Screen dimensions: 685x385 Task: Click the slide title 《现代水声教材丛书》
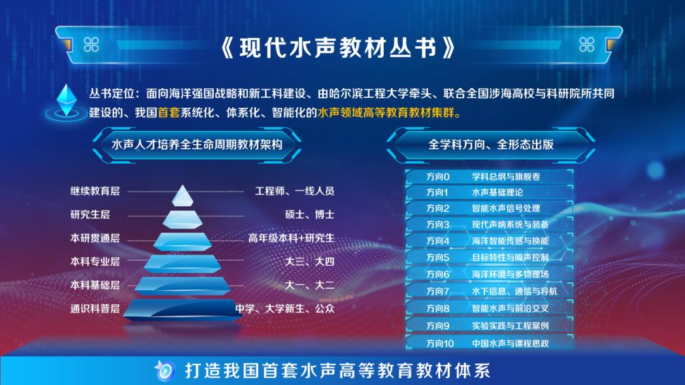click(337, 47)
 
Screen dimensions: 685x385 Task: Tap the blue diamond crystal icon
click(67, 100)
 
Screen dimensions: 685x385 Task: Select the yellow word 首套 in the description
click(169, 113)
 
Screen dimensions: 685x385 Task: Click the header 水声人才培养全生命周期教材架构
click(197, 145)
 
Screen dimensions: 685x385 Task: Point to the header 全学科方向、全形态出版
click(491, 145)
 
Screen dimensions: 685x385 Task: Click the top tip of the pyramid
click(182, 185)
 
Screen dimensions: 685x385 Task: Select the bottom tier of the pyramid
click(182, 310)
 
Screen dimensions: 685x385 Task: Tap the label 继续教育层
click(95, 191)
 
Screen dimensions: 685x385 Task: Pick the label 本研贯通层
click(95, 238)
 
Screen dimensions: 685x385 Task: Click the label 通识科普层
click(95, 308)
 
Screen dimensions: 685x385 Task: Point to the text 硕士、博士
click(310, 214)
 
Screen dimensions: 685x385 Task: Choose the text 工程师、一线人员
click(295, 191)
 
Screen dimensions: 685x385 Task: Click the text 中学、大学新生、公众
click(285, 308)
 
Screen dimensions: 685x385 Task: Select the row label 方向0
click(438, 176)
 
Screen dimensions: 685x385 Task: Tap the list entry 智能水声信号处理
click(506, 209)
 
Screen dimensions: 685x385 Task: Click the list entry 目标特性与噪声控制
click(510, 258)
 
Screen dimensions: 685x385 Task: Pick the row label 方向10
click(440, 344)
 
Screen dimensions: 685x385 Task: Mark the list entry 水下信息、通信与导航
click(514, 291)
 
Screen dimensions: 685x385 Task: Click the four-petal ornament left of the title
click(91, 44)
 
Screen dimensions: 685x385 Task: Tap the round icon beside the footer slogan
click(165, 370)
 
